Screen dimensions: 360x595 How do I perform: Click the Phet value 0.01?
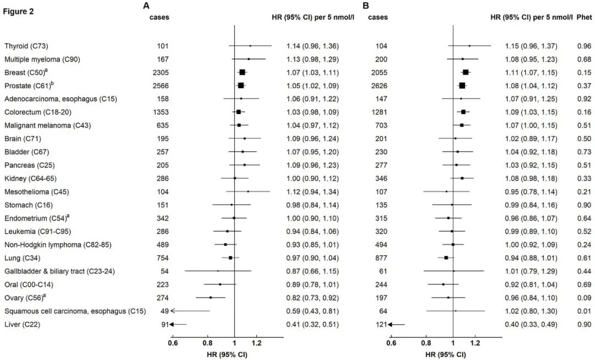tap(583, 311)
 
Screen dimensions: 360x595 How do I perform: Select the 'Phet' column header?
tap(583, 17)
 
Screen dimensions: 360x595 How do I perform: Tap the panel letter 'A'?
tap(146, 6)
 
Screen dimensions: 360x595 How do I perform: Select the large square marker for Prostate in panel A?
tap(241, 85)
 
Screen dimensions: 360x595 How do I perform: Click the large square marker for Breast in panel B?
tap(466, 72)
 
